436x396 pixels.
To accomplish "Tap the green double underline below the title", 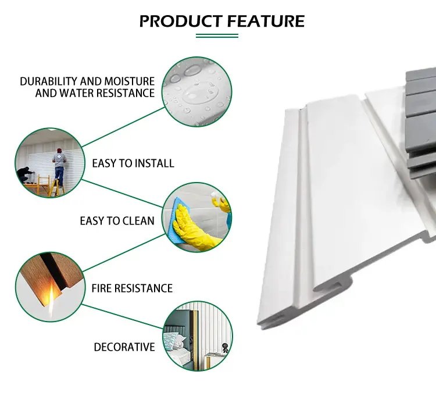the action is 217,36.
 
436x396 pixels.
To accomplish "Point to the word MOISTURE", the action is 131,81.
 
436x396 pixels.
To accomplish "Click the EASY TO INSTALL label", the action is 133,163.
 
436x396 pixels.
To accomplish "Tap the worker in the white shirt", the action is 58,166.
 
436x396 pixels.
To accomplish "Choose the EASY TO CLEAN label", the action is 117,221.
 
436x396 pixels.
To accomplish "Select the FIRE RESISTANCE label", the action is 132,288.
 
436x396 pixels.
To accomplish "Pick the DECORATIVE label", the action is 124,347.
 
